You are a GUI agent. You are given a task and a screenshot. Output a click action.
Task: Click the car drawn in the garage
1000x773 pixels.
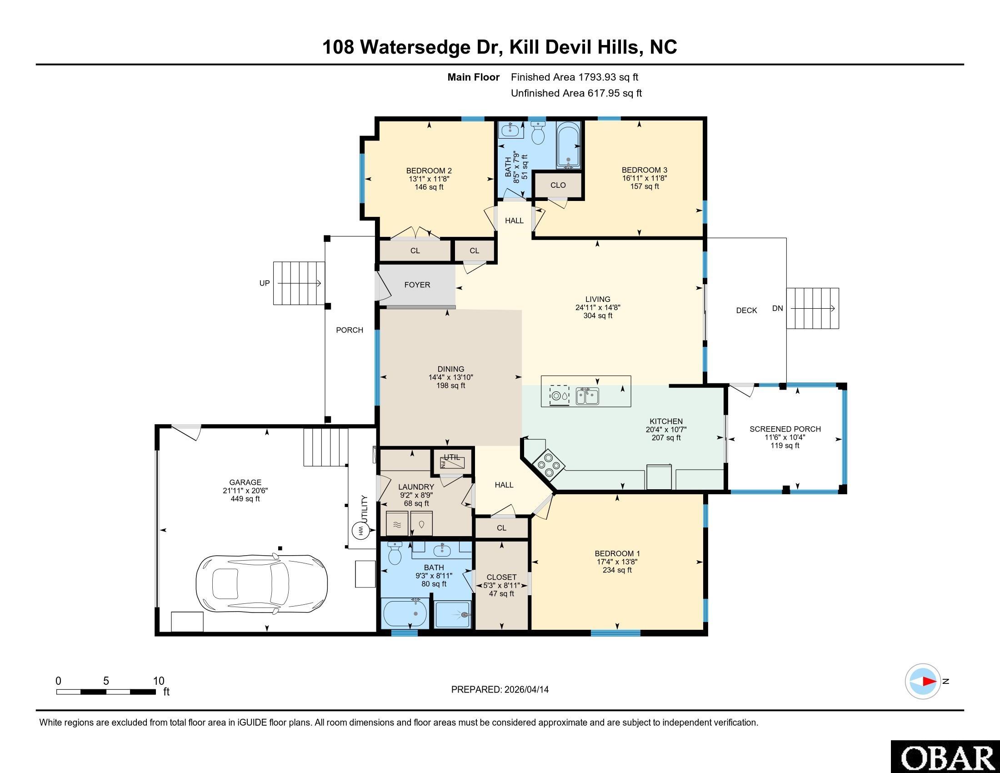(262, 584)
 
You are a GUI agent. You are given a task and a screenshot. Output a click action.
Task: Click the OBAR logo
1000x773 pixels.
(945, 757)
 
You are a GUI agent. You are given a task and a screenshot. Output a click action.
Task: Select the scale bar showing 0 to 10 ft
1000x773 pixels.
(106, 692)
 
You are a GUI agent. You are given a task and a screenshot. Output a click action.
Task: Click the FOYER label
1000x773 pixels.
(417, 285)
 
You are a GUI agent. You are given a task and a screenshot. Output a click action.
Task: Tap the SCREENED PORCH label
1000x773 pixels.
(785, 429)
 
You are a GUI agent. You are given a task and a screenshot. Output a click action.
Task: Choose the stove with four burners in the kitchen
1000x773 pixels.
(549, 464)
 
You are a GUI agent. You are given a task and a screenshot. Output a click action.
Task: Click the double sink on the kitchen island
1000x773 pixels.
(587, 396)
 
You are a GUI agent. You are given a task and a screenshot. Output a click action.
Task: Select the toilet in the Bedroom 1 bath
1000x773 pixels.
(394, 553)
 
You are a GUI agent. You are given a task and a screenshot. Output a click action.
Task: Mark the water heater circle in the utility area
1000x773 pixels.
(360, 531)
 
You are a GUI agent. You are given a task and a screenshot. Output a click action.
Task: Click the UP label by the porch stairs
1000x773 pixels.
(265, 283)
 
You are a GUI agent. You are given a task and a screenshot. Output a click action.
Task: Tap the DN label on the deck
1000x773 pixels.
(777, 308)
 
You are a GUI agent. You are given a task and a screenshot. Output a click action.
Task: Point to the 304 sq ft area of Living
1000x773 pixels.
(598, 316)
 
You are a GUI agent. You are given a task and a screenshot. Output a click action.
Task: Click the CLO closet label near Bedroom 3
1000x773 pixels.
(558, 185)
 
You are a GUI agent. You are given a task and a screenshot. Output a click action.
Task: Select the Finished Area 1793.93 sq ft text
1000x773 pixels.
(574, 77)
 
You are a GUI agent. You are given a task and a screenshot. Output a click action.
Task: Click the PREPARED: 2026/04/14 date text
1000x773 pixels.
(500, 689)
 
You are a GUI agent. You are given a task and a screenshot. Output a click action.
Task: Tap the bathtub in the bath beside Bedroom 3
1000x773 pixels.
(568, 145)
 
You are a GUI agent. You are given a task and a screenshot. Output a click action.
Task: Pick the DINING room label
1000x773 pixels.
(450, 369)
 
